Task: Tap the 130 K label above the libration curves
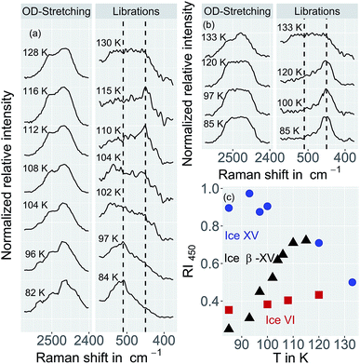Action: [x=110, y=43]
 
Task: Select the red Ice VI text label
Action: [x=276, y=322]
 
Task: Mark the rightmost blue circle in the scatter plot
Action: [x=352, y=282]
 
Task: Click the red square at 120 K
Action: [x=319, y=294]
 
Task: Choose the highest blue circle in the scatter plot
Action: [x=249, y=193]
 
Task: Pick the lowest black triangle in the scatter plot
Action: [x=229, y=328]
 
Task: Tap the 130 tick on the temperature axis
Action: [x=346, y=342]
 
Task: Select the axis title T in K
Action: [x=290, y=355]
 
